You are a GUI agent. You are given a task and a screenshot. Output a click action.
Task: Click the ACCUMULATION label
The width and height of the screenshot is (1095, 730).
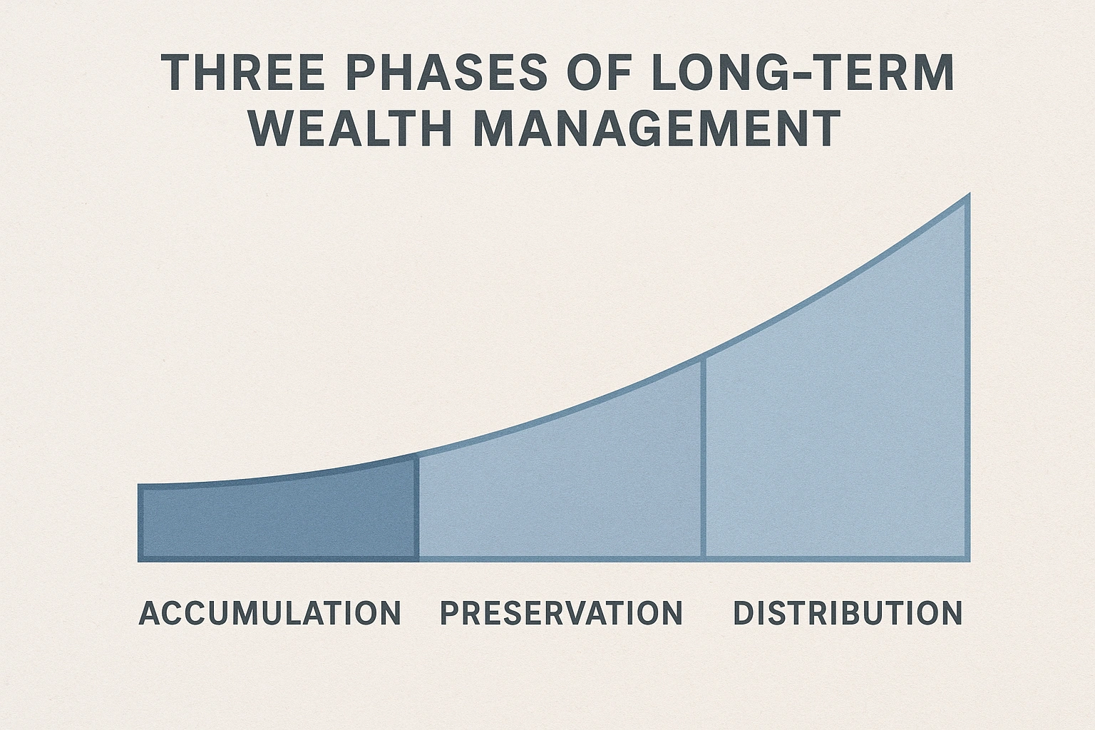pyautogui.click(x=270, y=614)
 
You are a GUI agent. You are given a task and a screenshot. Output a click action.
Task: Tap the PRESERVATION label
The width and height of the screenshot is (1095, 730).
pyautogui.click(x=562, y=614)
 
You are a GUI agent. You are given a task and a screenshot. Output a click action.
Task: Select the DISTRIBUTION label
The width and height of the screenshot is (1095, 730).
pyautogui.click(x=848, y=614)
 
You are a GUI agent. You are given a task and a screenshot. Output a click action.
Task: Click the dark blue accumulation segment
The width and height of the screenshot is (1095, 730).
pyautogui.click(x=278, y=520)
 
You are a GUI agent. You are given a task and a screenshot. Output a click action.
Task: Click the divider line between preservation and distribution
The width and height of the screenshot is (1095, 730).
pyautogui.click(x=704, y=456)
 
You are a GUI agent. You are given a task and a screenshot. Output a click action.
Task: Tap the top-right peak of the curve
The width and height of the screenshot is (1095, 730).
pyautogui.click(x=967, y=196)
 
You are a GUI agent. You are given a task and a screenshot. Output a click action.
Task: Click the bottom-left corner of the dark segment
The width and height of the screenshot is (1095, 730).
pyautogui.click(x=140, y=559)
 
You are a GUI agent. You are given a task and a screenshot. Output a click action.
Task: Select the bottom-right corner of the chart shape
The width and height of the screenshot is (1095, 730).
pyautogui.click(x=967, y=559)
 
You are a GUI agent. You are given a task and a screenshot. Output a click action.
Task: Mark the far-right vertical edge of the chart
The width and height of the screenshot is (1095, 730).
pyautogui.click(x=967, y=378)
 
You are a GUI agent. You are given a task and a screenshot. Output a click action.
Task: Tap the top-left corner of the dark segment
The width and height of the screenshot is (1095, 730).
pyautogui.click(x=140, y=488)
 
